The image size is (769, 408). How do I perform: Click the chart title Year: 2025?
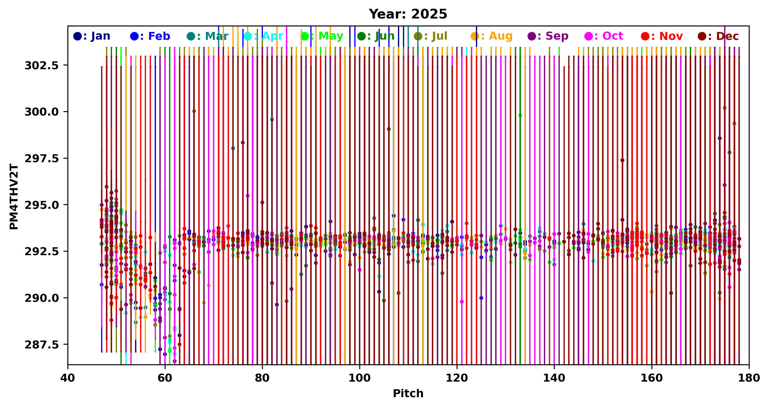[408, 14]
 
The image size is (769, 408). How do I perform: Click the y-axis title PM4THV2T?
[14, 197]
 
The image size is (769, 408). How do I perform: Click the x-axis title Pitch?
[408, 393]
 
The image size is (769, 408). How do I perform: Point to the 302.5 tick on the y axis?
[42, 65]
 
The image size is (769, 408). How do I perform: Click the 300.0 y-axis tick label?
[42, 112]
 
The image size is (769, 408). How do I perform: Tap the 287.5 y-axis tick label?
[42, 345]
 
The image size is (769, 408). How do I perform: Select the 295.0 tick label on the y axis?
[42, 205]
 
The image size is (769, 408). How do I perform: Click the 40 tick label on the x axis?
[68, 378]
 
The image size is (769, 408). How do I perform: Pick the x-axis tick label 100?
[359, 378]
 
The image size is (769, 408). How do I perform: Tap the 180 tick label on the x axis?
[749, 378]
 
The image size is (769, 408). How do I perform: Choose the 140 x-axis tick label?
[554, 378]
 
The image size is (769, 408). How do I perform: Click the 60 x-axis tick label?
[165, 378]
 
